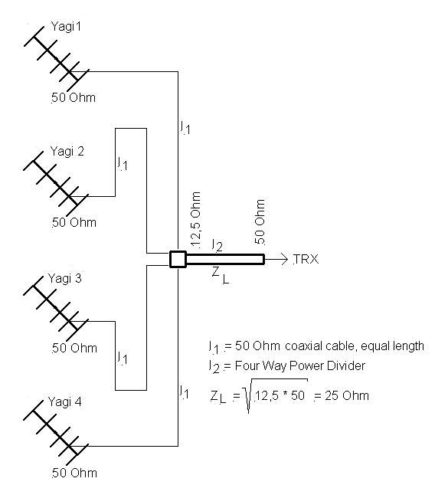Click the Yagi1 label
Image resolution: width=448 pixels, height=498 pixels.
pyautogui.click(x=66, y=27)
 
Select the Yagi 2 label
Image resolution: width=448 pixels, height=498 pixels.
pyautogui.click(x=67, y=152)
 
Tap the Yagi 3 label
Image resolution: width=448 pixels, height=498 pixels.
pyautogui.click(x=65, y=279)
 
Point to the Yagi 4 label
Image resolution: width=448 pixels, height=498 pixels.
pyautogui.click(x=65, y=402)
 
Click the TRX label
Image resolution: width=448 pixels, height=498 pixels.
pyautogui.click(x=306, y=260)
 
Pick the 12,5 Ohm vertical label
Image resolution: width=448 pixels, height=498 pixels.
pyautogui.click(x=196, y=219)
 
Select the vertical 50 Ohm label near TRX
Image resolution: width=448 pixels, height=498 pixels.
pyautogui.click(x=260, y=221)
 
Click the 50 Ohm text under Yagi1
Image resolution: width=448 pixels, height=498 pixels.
pyautogui.click(x=74, y=97)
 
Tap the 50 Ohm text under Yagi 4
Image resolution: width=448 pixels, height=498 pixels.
pyautogui.click(x=74, y=473)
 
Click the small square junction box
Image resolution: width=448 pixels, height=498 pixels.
pyautogui.click(x=178, y=260)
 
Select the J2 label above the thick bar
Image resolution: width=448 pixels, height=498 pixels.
pyautogui.click(x=217, y=245)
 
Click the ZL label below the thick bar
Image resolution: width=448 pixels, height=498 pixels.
pyautogui.click(x=221, y=275)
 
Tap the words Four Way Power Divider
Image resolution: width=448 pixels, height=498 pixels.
pyautogui.click(x=300, y=366)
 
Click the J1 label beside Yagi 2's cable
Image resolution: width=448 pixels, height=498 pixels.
pyautogui.click(x=123, y=164)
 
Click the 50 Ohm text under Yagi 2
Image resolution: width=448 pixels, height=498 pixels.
pyautogui.click(x=74, y=222)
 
